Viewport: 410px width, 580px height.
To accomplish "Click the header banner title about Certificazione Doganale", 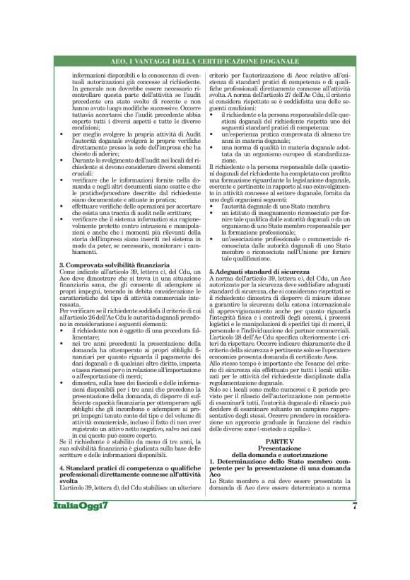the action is point(205,62).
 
